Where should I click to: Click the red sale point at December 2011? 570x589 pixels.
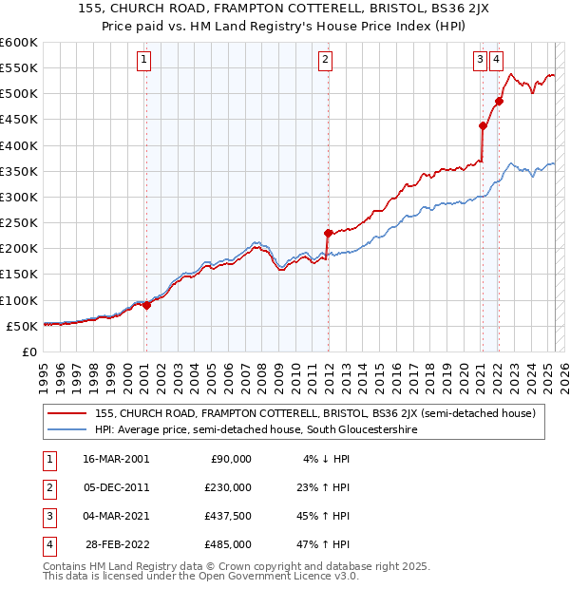(328, 233)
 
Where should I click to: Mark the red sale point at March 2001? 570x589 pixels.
(147, 305)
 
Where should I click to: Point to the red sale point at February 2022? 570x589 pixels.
(500, 101)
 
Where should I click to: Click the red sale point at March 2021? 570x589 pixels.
(483, 125)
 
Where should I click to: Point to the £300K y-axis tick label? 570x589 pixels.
(19, 197)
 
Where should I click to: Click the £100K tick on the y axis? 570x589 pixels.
(19, 300)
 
